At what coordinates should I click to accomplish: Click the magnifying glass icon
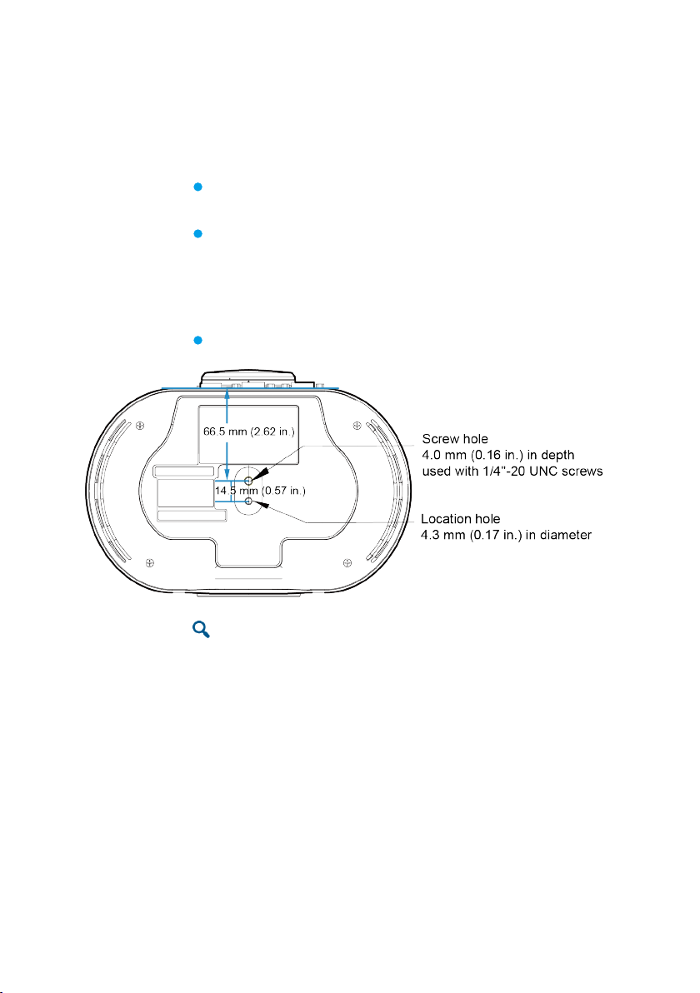(x=201, y=630)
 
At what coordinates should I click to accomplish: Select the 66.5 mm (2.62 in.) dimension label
(x=250, y=432)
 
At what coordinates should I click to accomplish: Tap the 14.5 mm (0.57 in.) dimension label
(x=261, y=491)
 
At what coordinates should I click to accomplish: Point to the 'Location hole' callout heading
(x=461, y=519)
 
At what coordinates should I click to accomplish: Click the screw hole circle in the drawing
(x=248, y=481)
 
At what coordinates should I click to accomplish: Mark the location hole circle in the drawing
(x=248, y=501)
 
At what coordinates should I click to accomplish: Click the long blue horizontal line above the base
(x=250, y=388)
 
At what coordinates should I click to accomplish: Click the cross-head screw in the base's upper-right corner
(x=357, y=427)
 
